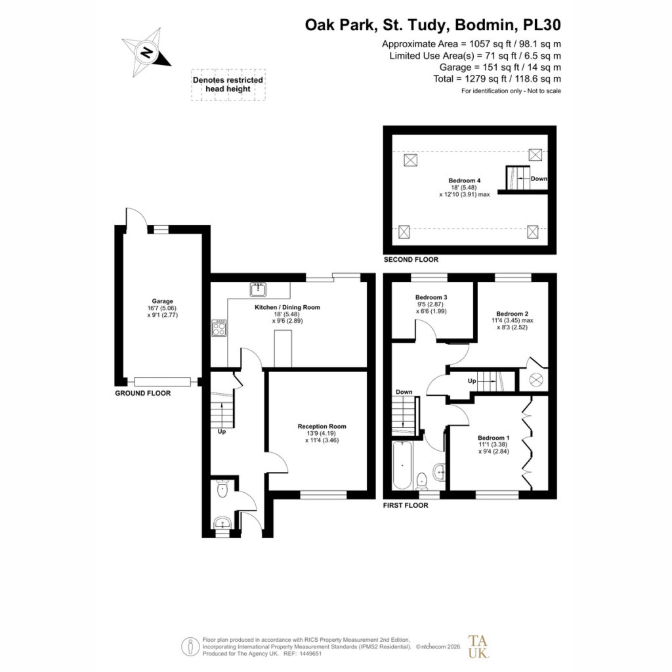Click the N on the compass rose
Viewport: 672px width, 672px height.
click(x=146, y=52)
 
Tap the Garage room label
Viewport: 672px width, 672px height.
click(x=163, y=301)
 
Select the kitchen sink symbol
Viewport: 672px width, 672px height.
click(x=258, y=289)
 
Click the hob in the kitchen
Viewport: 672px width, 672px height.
click(x=219, y=328)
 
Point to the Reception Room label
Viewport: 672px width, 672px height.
click(x=322, y=427)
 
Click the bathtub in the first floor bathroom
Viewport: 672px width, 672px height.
click(x=402, y=465)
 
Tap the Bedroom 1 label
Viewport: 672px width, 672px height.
click(x=493, y=438)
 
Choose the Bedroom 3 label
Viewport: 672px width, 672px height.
click(x=431, y=297)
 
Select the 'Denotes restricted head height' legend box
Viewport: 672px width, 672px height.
click(x=228, y=85)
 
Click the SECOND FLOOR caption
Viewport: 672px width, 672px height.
click(x=411, y=260)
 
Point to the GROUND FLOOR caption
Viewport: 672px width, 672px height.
click(x=142, y=394)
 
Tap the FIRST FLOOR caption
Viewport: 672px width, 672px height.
click(x=406, y=505)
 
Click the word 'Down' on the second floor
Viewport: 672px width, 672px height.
click(x=539, y=178)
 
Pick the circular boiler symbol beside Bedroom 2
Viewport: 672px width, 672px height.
click(x=535, y=380)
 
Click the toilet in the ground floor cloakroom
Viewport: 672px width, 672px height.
click(x=222, y=489)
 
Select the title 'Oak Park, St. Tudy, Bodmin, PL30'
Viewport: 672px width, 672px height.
click(x=433, y=25)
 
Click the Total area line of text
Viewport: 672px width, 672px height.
click(x=497, y=79)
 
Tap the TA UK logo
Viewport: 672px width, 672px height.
click(x=478, y=646)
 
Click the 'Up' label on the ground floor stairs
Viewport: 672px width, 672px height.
click(x=222, y=432)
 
